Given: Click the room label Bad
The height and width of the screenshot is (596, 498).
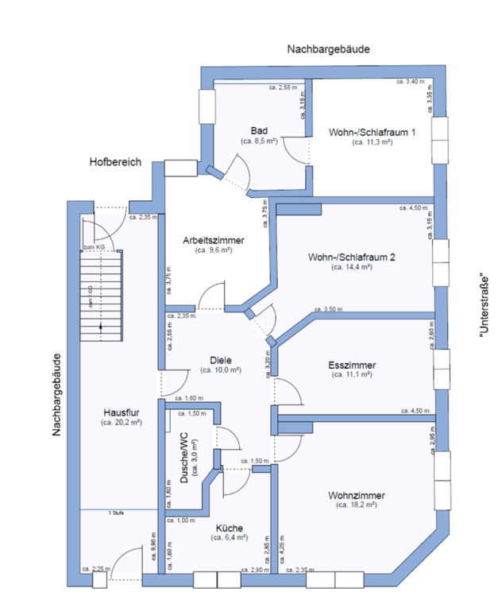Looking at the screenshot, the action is [x=259, y=131].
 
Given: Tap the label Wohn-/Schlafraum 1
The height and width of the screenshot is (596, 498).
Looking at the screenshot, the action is [x=361, y=132].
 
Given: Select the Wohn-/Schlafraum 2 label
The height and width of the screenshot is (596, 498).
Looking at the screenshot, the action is [x=352, y=257].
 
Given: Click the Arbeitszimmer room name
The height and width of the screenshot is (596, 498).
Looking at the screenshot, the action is [x=213, y=240].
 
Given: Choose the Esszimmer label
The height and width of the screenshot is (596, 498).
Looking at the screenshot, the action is [x=352, y=365].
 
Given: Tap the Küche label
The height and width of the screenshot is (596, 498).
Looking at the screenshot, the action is [x=228, y=528].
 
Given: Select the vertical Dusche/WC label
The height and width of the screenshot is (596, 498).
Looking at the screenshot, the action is [x=183, y=460].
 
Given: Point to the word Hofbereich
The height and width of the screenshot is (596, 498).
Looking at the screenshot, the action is [x=115, y=162].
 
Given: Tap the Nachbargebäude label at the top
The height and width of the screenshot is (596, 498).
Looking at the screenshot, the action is [x=328, y=49].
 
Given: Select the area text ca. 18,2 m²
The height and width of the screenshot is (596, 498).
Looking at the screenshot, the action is [x=356, y=505].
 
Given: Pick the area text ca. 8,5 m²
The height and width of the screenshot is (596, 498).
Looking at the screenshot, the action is [x=259, y=141].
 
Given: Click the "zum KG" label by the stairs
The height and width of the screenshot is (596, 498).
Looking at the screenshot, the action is [x=94, y=248].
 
